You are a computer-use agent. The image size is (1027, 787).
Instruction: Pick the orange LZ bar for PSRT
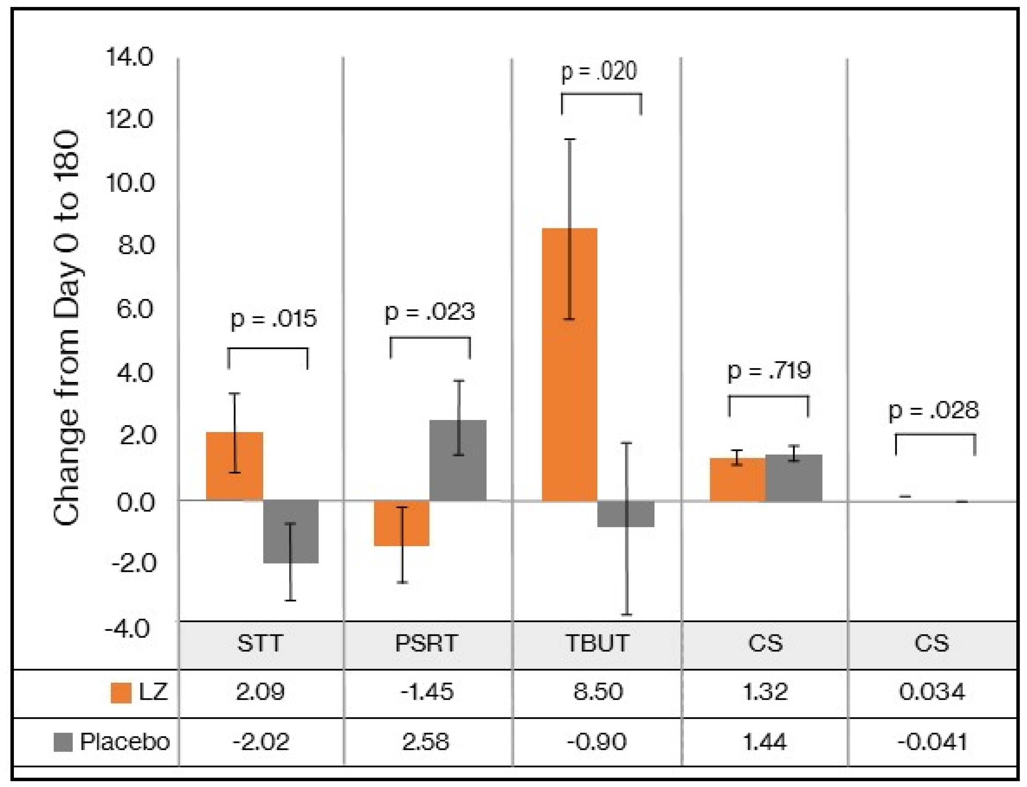[401, 523]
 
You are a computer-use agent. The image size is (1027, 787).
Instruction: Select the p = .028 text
[934, 411]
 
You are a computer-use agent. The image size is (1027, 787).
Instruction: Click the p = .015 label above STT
[274, 318]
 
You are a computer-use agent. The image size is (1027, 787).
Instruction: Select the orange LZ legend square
[121, 692]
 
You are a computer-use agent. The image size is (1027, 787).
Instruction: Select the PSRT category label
[426, 643]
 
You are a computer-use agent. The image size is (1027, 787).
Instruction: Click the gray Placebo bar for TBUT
[626, 514]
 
